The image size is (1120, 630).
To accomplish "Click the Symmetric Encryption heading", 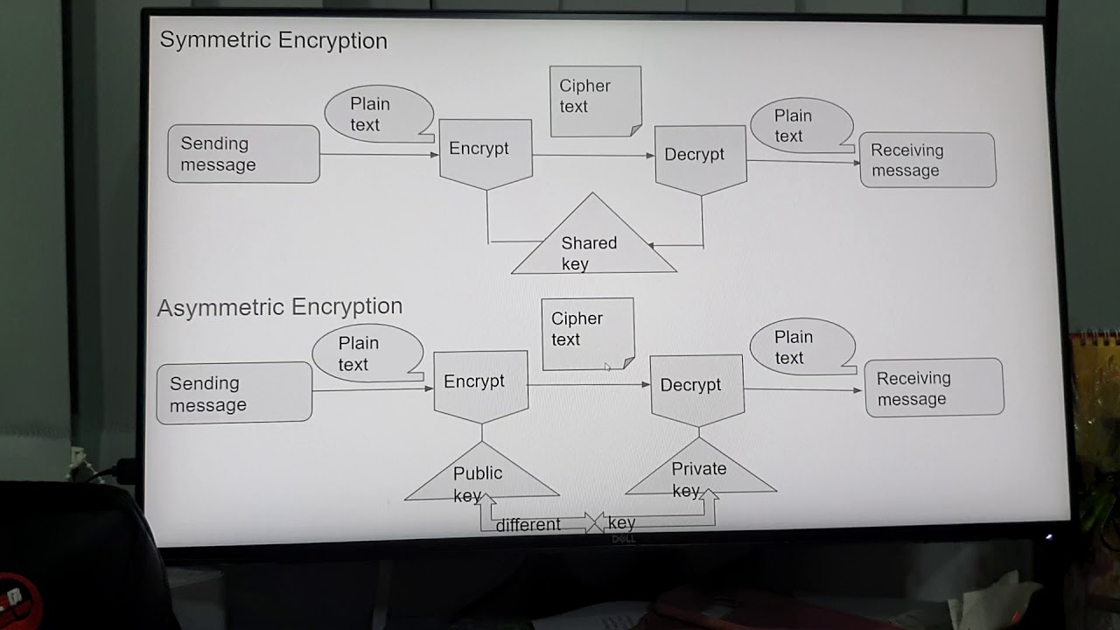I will [x=273, y=41].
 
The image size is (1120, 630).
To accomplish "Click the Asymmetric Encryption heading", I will [x=279, y=307].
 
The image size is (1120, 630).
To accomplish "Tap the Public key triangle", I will [x=479, y=480].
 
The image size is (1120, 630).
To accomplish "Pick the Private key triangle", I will [x=700, y=475].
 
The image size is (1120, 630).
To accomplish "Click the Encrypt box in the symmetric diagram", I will [x=485, y=150].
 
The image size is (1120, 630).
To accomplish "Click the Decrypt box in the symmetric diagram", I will [x=700, y=156].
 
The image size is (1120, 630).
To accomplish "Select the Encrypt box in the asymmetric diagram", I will [x=480, y=383].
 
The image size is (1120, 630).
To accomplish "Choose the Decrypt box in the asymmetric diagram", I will [x=696, y=387].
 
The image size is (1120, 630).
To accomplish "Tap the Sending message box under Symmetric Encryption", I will [x=243, y=154].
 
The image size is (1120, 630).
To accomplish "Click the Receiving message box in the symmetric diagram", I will [x=927, y=160].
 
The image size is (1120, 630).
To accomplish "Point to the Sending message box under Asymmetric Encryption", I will [x=234, y=394].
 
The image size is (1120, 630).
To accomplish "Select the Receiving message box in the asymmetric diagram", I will [x=934, y=388].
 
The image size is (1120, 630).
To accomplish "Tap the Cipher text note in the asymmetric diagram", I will [x=587, y=331].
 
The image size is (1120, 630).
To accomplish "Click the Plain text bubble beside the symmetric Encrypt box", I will [x=377, y=114].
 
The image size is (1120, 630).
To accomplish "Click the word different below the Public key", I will [x=528, y=525].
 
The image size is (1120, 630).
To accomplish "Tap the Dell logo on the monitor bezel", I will [x=622, y=540].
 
